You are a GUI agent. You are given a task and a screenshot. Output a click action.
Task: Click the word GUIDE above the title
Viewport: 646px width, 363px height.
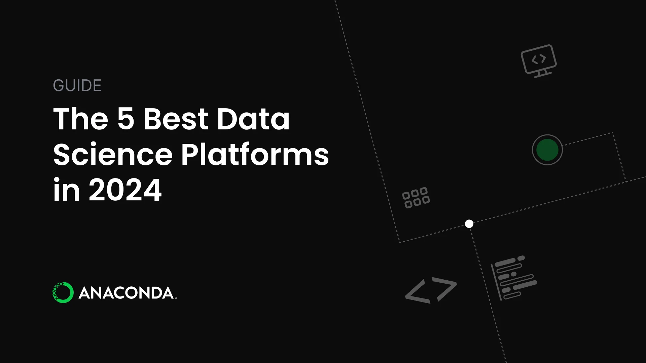tap(77, 85)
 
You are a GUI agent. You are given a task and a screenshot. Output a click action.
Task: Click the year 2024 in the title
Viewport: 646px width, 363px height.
tap(125, 190)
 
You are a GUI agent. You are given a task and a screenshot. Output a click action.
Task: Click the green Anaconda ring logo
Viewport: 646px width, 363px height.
tap(63, 292)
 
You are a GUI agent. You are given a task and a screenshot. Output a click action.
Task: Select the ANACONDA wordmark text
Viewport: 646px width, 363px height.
tap(126, 293)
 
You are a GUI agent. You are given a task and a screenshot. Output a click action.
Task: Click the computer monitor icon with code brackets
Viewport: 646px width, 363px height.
tap(539, 61)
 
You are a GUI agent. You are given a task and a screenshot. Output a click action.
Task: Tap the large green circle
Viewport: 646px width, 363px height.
tap(547, 150)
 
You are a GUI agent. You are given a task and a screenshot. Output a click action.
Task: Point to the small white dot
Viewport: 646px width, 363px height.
tap(469, 224)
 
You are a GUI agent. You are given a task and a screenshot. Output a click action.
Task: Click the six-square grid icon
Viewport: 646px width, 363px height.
tap(416, 197)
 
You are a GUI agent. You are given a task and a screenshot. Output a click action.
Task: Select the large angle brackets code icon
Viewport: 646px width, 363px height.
tap(431, 290)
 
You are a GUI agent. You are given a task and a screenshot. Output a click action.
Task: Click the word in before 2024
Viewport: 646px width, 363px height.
tap(67, 190)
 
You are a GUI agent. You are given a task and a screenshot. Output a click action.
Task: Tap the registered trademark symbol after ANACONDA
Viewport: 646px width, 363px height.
tap(176, 298)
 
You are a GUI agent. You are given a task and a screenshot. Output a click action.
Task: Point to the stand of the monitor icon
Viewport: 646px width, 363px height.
tap(542, 73)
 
